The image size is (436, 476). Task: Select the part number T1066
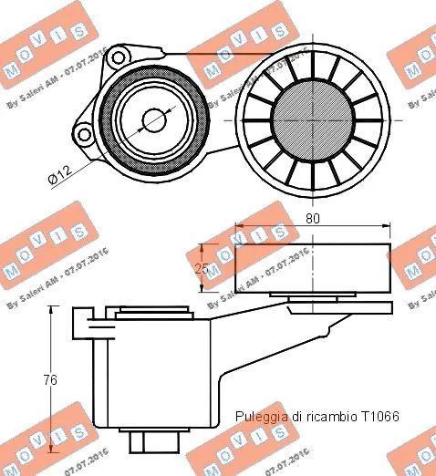(x=380, y=416)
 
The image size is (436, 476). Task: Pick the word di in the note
(x=296, y=416)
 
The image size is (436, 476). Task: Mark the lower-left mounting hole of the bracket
(x=84, y=136)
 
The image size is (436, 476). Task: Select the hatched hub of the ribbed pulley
(x=313, y=114)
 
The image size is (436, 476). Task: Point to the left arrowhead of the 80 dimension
(x=240, y=226)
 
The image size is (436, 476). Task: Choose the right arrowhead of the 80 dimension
(x=389, y=226)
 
